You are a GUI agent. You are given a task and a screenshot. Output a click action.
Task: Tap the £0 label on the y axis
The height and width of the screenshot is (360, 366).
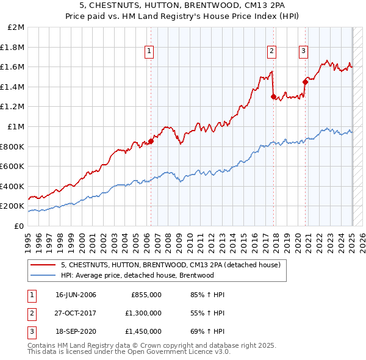(19, 226)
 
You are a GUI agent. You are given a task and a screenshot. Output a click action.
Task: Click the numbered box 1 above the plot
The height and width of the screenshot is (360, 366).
(149, 52)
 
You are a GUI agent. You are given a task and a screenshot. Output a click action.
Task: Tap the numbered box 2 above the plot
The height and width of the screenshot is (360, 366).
(271, 52)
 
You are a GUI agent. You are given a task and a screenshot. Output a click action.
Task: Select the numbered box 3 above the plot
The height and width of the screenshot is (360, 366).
(303, 52)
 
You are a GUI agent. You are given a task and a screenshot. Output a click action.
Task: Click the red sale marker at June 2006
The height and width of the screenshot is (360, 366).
(151, 141)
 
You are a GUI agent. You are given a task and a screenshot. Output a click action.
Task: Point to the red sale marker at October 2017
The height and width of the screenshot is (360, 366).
(273, 96)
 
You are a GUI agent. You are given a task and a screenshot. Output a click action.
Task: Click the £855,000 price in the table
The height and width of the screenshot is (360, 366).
(146, 295)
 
